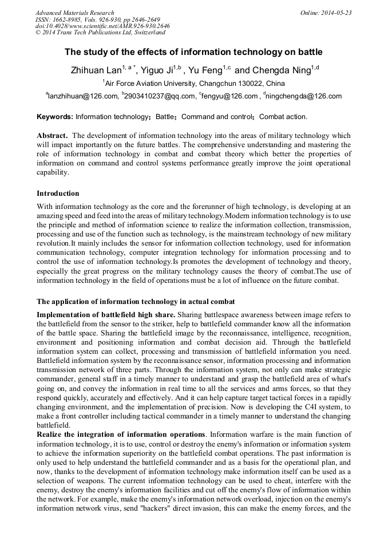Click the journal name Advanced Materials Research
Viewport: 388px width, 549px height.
coord(75,13)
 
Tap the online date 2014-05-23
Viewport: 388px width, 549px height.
coord(337,13)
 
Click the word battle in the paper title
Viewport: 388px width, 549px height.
coord(308,52)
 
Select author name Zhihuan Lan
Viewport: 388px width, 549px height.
coord(94,71)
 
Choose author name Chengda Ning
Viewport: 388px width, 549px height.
coord(280,71)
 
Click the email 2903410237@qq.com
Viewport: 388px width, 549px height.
coord(160,96)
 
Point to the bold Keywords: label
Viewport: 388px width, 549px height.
coord(55,117)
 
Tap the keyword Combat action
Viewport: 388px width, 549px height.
coord(283,117)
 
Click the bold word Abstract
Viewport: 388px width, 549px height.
coord(52,136)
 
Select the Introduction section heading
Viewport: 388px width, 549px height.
coord(58,193)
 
